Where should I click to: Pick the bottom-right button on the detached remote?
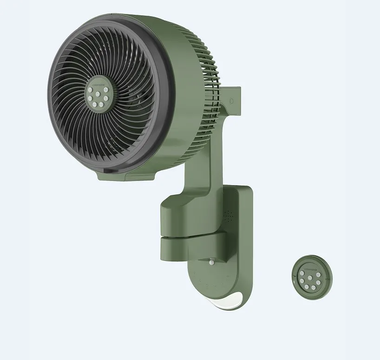tap(312, 288)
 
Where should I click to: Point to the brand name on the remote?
tap(306, 268)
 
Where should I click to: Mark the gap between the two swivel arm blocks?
tap(186, 237)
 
